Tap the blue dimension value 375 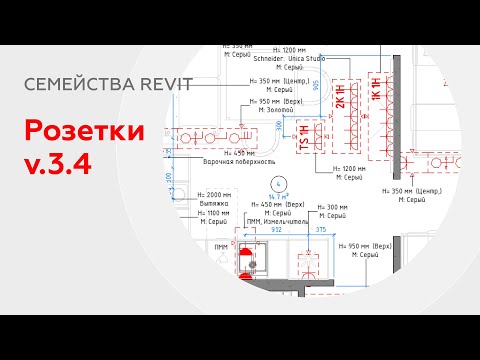[321, 230]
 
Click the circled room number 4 [277, 183]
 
